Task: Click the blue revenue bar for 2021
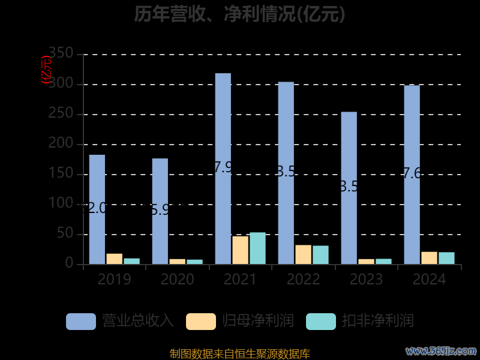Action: tap(223, 168)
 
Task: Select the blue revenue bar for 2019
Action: tap(97, 209)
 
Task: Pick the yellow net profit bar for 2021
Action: tap(240, 250)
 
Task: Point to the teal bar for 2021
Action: tap(257, 248)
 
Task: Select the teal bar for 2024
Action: tap(446, 258)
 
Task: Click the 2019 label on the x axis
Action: tap(114, 280)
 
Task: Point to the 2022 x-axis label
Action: tap(303, 280)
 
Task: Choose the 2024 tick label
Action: tap(429, 280)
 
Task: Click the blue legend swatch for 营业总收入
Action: tap(81, 321)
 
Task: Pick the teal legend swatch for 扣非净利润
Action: tap(321, 321)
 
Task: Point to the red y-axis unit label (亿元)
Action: tap(46, 70)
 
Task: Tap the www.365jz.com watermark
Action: tap(440, 350)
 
